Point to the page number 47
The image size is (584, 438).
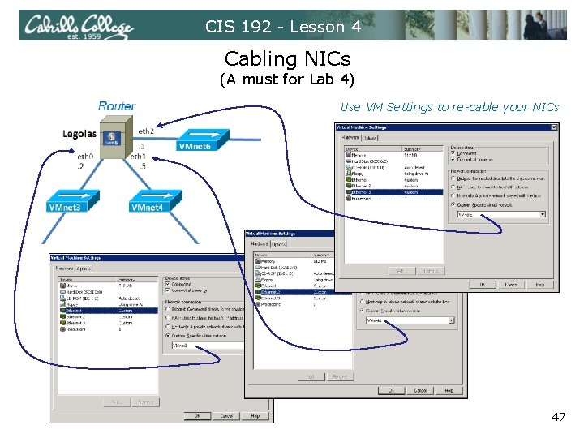pos(558,417)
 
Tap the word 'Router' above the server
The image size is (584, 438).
pos(117,106)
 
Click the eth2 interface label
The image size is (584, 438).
pos(146,131)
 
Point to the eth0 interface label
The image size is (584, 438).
pos(84,155)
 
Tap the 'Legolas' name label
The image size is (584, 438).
pos(79,134)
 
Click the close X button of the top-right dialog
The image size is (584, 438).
pos(554,127)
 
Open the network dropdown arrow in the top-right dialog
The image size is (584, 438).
pos(542,215)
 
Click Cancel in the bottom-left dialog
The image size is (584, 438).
pos(225,416)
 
